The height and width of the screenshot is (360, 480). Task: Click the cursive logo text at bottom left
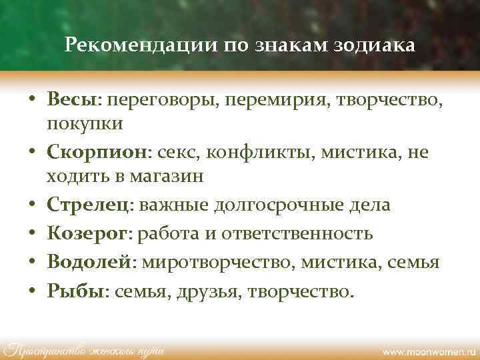(x=84, y=349)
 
